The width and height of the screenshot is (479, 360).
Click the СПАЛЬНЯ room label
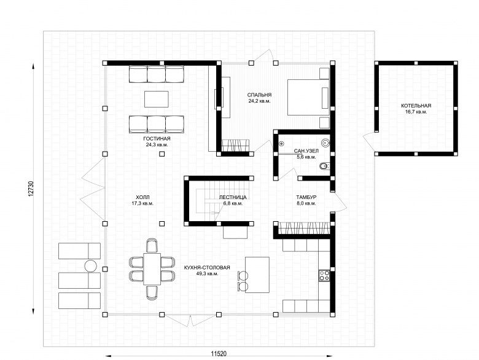[259, 95]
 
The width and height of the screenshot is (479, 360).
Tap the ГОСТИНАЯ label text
[157, 139]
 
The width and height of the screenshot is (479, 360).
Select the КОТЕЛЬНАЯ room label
[416, 106]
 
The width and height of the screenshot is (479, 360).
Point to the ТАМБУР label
[306, 197]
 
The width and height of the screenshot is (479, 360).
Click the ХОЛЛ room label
[142, 197]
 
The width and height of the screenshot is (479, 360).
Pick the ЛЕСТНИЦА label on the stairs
[233, 197]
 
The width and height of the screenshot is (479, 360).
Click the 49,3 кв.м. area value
[207, 274]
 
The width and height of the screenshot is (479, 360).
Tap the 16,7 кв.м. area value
[416, 112]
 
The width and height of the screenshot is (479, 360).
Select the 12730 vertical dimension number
[30, 189]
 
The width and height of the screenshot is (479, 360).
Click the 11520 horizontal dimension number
[219, 354]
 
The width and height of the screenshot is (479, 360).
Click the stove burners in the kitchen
[324, 276]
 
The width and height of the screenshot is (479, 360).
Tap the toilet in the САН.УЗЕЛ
[324, 166]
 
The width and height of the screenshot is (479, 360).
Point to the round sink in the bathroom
[325, 143]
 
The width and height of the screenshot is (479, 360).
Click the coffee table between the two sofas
[157, 99]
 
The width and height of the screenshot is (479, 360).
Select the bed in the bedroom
[308, 97]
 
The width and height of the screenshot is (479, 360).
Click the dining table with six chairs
[152, 269]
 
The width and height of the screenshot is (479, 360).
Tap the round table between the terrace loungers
[91, 266]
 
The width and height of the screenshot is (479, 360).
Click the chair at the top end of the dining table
[152, 245]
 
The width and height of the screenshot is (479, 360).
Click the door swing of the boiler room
[369, 142]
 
